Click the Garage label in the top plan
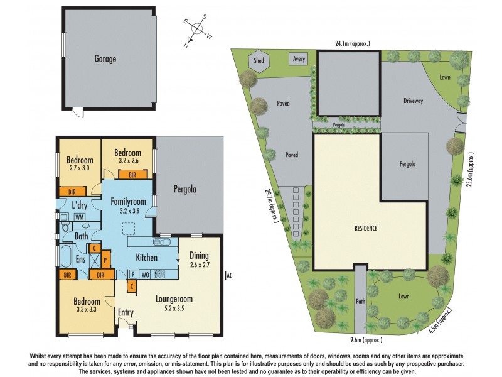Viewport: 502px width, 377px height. point(105,58)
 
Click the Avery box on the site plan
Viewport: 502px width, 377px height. point(299,60)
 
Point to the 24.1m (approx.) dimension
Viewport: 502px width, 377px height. point(352,44)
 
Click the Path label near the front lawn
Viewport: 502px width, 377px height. point(360,300)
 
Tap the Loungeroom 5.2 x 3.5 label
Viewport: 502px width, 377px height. point(173,304)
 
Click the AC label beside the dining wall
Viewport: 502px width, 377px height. point(228,275)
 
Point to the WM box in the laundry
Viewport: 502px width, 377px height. point(80,217)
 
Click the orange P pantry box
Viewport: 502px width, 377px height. point(105,259)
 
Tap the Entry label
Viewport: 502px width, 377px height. point(125,312)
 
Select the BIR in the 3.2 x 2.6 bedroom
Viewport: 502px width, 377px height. point(132,175)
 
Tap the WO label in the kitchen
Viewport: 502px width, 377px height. point(144,273)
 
